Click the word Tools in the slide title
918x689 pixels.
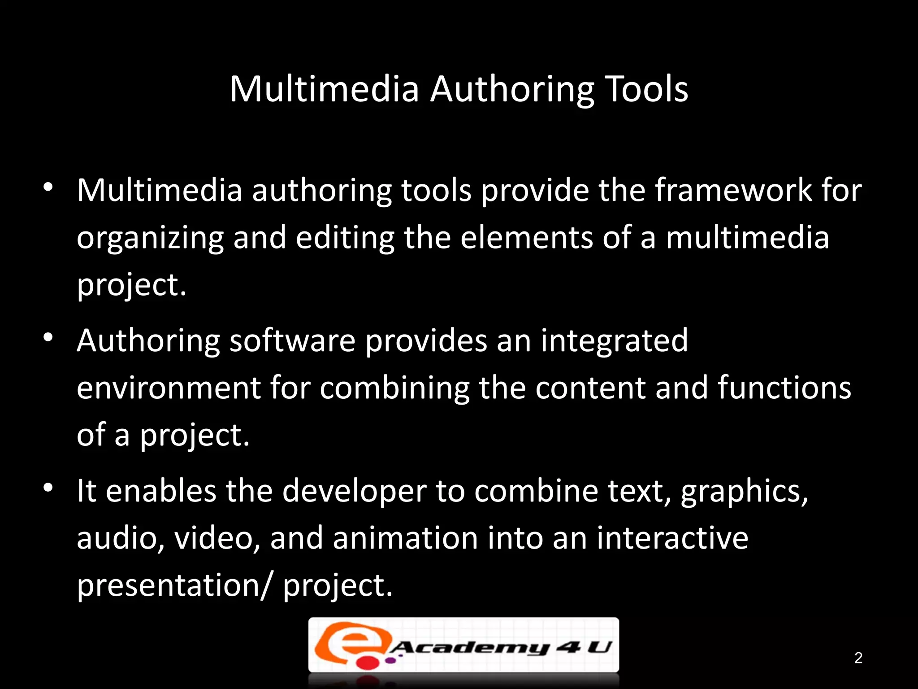point(646,89)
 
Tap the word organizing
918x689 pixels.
point(150,238)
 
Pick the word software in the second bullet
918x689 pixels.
point(292,340)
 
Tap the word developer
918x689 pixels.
point(354,491)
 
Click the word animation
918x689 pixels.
point(405,538)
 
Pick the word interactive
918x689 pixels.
point(672,538)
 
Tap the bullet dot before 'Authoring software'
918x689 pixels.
point(48,337)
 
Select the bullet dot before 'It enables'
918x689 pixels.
point(48,487)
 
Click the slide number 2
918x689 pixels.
point(858,658)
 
